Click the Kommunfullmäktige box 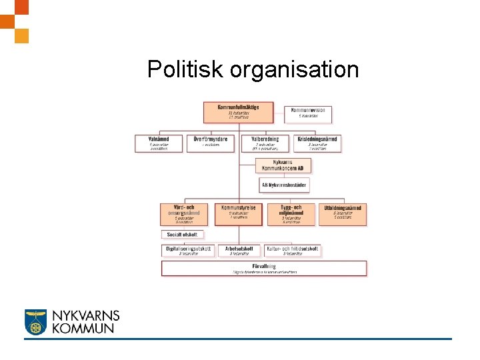pos(238,111)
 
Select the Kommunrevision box pos(308,114)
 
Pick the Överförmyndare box pos(211,143)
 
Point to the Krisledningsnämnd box pos(317,143)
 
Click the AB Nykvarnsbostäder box pos(284,185)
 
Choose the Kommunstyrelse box pos(238,213)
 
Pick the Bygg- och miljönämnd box pos(291,214)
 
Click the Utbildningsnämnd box pos(343,213)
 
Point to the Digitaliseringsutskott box pos(189,251)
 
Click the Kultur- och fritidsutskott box pos(293,251)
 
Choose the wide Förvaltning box pos(264,268)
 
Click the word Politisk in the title pos(185,69)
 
